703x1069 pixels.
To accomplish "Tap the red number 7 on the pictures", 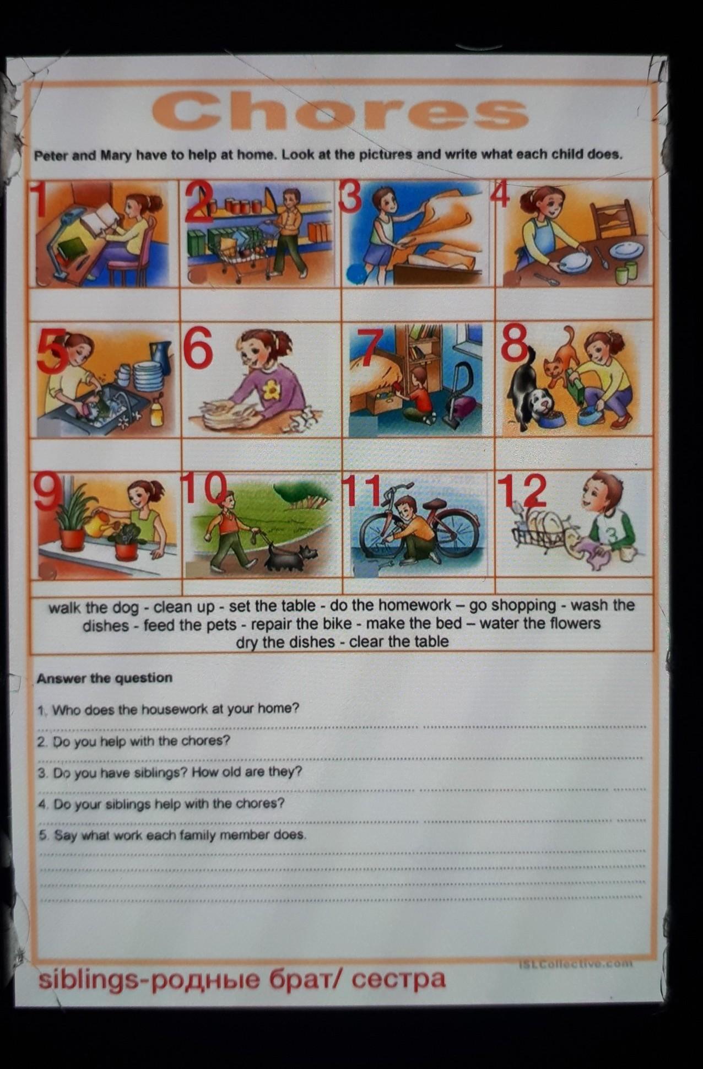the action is point(371,350).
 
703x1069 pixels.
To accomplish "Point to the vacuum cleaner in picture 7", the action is point(457,393).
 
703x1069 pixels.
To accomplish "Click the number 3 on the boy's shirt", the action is point(613,534).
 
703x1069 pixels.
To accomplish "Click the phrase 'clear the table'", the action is point(399,642).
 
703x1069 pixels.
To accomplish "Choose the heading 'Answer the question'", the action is point(105,678).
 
